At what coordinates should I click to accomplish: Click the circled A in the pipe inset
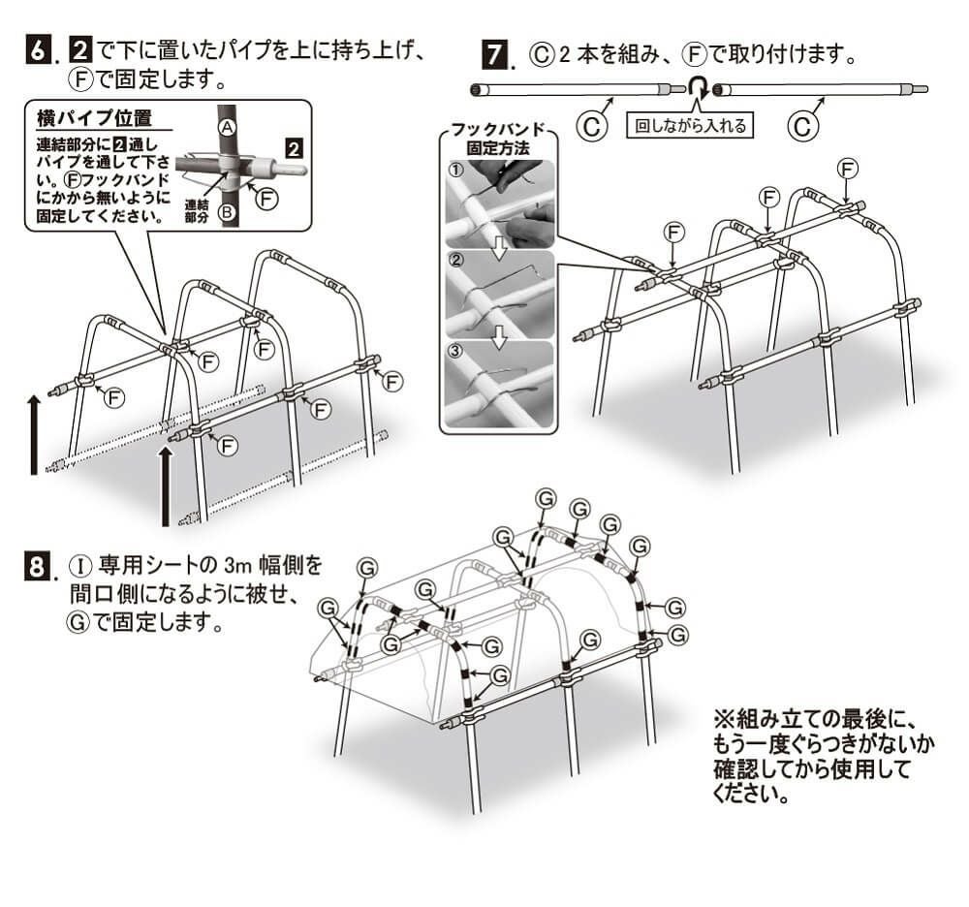coord(227,127)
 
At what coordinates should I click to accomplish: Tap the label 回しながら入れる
coord(692,125)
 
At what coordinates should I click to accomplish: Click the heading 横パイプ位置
coord(94,119)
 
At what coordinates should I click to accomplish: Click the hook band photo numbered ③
coord(499,382)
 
